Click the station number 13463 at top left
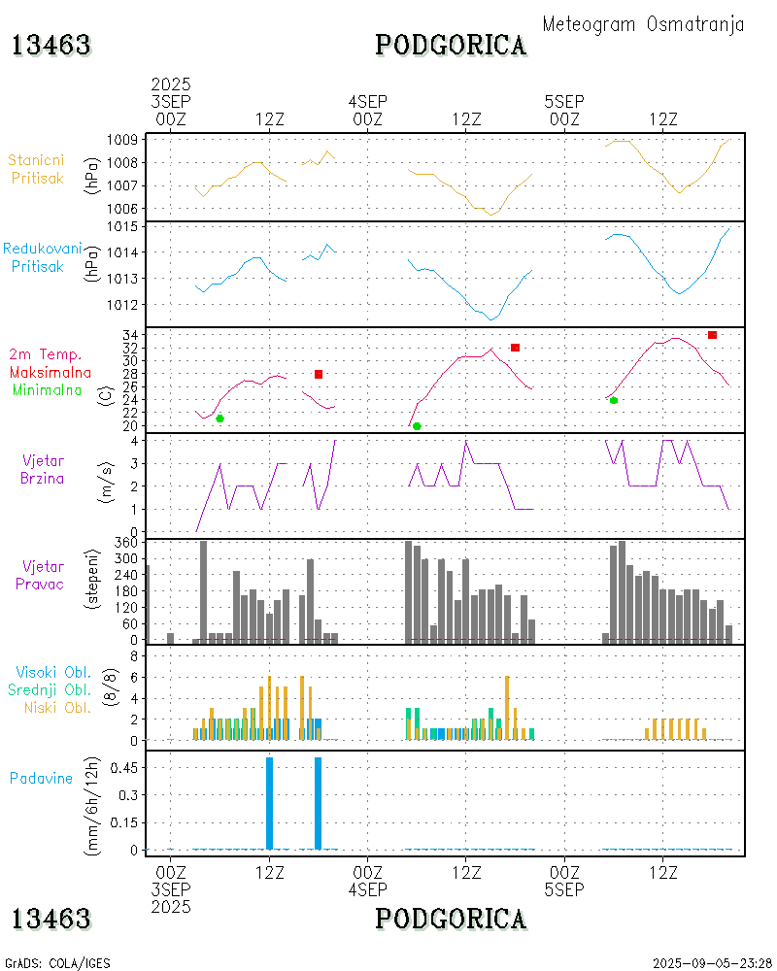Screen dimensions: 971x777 (51, 45)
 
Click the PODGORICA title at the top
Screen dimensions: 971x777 (452, 45)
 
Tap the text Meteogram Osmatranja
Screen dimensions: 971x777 (643, 24)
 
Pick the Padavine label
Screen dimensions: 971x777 (41, 778)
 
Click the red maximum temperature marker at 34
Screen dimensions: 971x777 (712, 335)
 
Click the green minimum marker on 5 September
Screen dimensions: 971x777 (613, 400)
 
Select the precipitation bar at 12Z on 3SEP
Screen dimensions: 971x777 (269, 803)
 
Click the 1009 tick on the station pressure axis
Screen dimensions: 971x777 (120, 140)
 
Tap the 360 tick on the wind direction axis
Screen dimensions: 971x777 (124, 542)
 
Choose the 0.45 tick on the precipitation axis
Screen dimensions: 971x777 (121, 767)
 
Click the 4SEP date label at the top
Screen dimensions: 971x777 (368, 101)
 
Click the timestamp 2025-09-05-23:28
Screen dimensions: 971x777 (710, 963)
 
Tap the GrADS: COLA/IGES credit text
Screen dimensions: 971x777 (58, 963)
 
